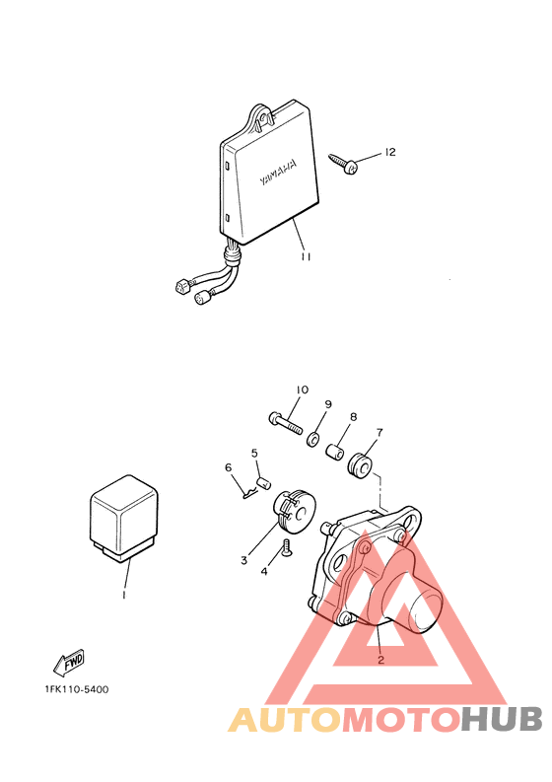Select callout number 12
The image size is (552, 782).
pos(390,152)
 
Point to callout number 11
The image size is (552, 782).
pos(306,256)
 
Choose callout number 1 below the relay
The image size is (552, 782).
pos(124,595)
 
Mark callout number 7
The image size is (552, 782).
pos(379,432)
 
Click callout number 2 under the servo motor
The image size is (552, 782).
pos(380,661)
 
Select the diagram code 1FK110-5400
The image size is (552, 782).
pos(76,689)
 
